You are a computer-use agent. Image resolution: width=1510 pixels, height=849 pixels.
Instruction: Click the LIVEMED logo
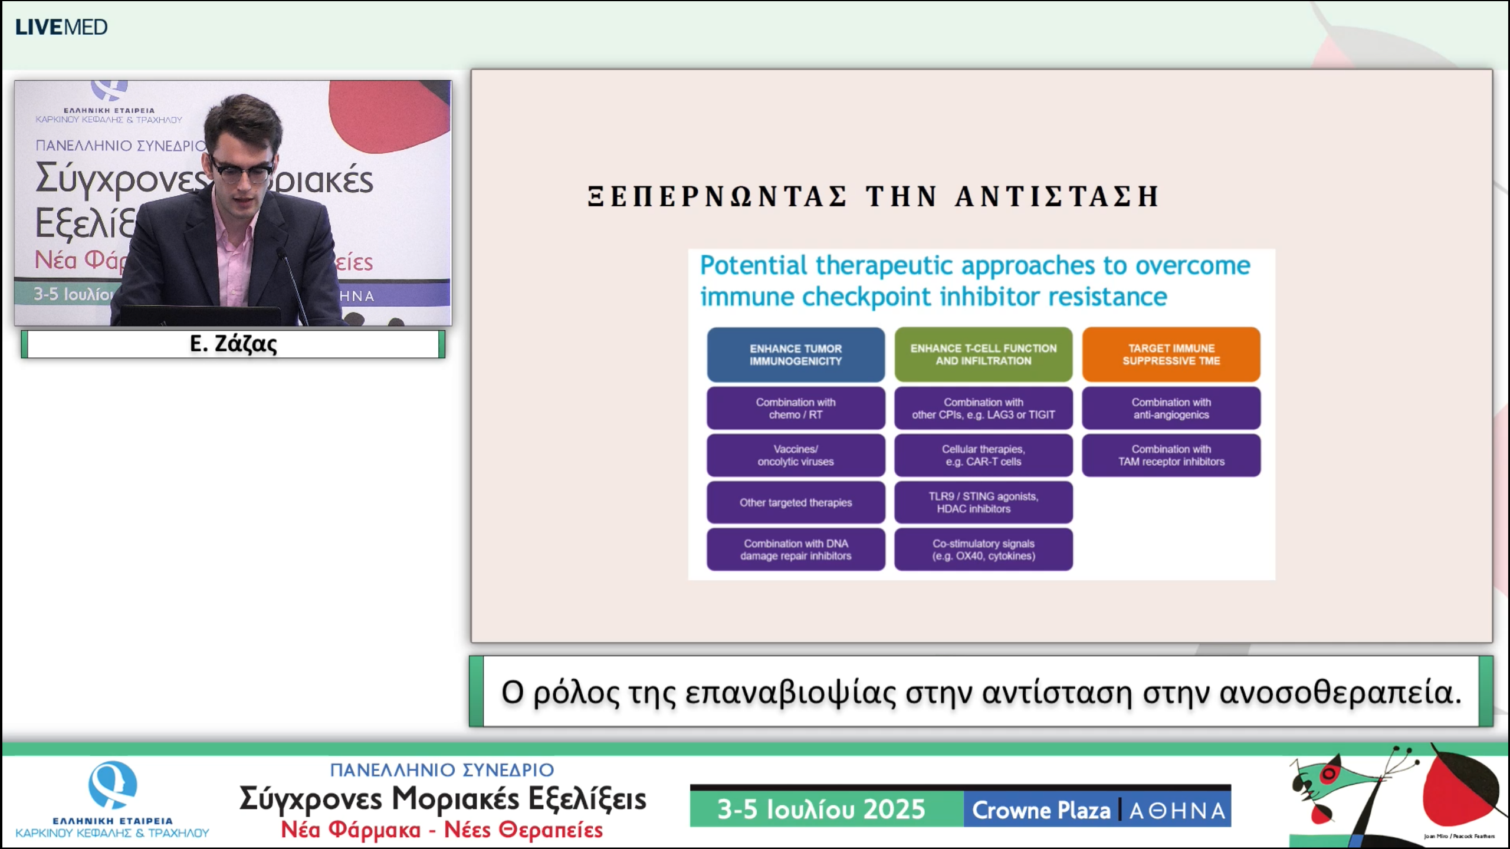click(x=61, y=27)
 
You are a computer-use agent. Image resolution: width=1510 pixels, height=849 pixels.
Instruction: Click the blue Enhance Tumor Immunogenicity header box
click(x=795, y=354)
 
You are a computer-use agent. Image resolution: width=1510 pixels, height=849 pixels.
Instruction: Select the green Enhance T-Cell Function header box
click(x=983, y=354)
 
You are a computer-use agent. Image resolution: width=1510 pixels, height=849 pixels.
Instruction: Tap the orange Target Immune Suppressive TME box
click(x=1171, y=354)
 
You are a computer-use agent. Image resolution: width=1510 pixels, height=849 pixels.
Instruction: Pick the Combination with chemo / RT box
click(x=795, y=408)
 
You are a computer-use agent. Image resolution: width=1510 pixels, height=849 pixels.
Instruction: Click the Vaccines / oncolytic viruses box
click(x=795, y=455)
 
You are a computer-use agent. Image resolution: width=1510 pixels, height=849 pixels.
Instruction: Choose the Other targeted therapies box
click(x=795, y=502)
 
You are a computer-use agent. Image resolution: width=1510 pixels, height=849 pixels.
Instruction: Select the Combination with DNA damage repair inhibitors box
click(x=795, y=549)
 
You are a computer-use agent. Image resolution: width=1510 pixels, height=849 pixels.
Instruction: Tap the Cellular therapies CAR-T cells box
click(x=983, y=455)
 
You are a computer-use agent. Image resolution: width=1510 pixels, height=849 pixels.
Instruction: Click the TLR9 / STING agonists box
click(x=983, y=502)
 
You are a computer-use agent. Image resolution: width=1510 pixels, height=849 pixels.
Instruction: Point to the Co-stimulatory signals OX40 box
click(x=983, y=549)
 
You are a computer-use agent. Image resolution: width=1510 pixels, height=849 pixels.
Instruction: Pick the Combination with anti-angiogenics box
click(x=1171, y=408)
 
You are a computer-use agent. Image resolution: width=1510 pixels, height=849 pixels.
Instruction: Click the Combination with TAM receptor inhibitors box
click(x=1171, y=455)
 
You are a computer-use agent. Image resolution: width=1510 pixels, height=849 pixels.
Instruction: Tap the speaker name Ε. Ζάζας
click(x=233, y=344)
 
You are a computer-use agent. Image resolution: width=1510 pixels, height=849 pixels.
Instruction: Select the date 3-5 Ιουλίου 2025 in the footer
click(x=820, y=809)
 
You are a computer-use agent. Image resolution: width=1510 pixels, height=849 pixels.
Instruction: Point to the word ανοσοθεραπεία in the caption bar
click(x=1340, y=692)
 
